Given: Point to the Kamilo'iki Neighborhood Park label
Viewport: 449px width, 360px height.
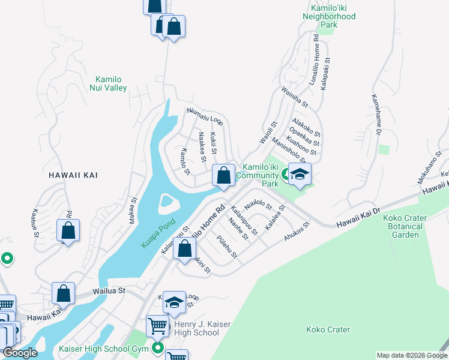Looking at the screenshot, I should [330, 17].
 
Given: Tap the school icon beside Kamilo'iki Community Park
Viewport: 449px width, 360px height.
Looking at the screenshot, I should [300, 175].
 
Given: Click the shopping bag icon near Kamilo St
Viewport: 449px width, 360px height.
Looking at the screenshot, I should [224, 176].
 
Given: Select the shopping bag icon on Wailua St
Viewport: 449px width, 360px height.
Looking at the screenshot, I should [64, 294].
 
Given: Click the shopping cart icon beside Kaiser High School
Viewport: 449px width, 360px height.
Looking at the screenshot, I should [157, 326].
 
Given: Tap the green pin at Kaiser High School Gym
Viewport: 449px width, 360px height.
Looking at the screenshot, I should [158, 348].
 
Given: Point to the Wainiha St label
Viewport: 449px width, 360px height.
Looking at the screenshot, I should [294, 97].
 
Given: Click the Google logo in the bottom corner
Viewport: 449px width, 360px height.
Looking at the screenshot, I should [20, 353].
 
